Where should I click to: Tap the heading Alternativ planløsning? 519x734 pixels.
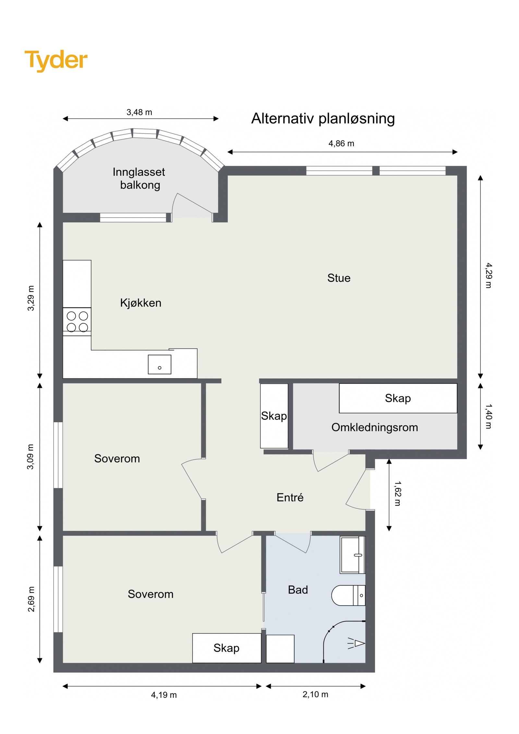(323, 118)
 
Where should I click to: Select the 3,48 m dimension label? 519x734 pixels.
(139, 112)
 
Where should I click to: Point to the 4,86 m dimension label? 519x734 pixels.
(341, 143)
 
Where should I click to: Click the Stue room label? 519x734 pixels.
(338, 278)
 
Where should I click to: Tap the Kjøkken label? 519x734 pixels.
(140, 303)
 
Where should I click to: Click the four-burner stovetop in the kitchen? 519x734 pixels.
(77, 321)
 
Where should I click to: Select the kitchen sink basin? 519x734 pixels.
(159, 364)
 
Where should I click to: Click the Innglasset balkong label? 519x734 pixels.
(139, 178)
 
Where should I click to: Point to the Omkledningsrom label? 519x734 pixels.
(374, 427)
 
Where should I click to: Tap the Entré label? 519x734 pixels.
(290, 497)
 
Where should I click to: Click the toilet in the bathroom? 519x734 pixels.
(347, 595)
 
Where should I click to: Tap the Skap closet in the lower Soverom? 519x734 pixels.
(226, 648)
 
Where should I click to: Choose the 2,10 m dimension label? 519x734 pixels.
(315, 694)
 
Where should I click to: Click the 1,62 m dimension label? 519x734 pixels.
(397, 493)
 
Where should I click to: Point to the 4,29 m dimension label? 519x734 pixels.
(488, 275)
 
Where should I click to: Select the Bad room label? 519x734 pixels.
(297, 590)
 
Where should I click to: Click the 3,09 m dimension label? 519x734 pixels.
(30, 457)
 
